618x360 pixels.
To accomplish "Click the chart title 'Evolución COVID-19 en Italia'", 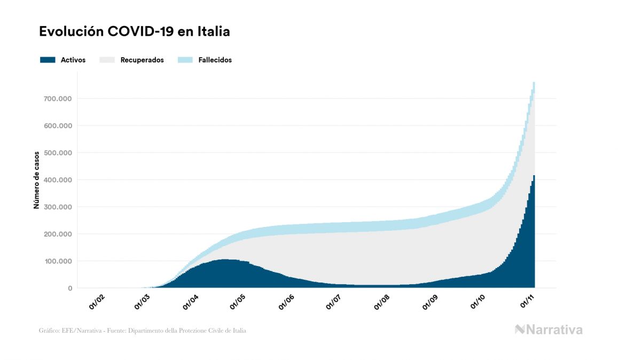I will pyautogui.click(x=135, y=32).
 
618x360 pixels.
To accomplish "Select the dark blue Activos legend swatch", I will pyautogui.click(x=48, y=60).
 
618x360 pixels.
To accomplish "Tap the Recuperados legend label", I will pyautogui.click(x=142, y=60).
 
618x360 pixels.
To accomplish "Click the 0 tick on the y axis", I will pyautogui.click(x=70, y=288).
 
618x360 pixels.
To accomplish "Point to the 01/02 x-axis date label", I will pyautogui.click(x=97, y=302).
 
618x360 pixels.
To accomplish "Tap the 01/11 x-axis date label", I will pyautogui.click(x=529, y=302).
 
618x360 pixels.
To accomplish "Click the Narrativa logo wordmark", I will pyautogui.click(x=549, y=330).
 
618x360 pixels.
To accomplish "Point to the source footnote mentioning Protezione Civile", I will pyautogui.click(x=143, y=331).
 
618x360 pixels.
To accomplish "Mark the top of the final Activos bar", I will pyautogui.click(x=534, y=176).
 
